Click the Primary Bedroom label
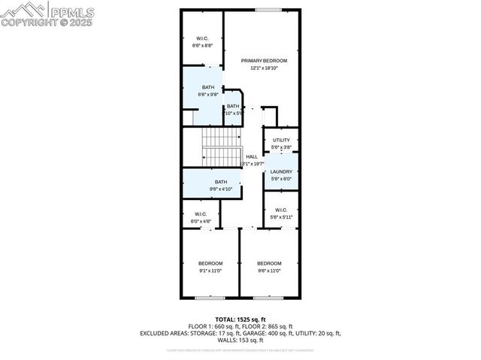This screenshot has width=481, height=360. click(264, 60)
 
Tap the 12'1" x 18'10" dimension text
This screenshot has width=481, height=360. click(264, 68)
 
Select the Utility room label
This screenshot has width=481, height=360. click(281, 141)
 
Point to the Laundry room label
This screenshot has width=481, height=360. click(281, 171)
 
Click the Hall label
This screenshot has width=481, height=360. click(251, 156)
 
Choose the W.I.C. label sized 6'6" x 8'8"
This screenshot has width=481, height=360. click(202, 38)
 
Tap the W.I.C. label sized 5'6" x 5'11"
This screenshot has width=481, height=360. click(281, 210)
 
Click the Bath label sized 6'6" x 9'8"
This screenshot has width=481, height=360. click(207, 87)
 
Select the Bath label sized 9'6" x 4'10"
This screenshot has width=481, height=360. click(221, 182)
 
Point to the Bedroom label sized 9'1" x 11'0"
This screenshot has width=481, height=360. click(210, 263)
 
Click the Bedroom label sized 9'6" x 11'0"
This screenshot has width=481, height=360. click(269, 263)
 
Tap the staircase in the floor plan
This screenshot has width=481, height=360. click(222, 147)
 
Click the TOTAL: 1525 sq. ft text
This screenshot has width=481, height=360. click(240, 319)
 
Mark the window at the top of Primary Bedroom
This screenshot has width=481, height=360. click(268, 10)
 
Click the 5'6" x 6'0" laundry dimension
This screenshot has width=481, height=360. click(281, 178)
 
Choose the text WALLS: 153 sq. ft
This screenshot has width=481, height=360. click(240, 340)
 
